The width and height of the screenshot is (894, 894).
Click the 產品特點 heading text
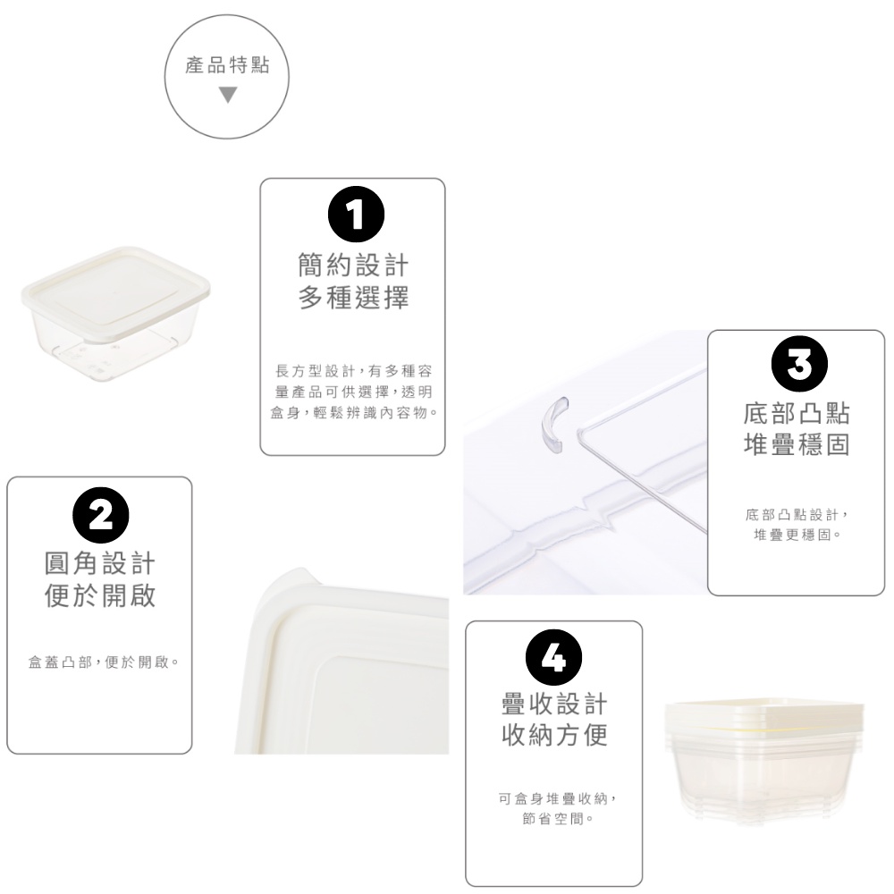point(227,65)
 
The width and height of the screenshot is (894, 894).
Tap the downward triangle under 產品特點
point(227,95)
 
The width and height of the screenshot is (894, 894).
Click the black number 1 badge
point(356,215)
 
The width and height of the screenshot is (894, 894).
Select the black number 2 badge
point(101,516)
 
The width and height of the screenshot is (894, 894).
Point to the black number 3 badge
point(799,364)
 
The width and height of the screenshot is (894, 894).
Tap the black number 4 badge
point(553,657)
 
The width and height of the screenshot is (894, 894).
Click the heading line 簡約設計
point(353,266)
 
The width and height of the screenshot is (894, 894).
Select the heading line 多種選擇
point(353,298)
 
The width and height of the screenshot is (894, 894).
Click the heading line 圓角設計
point(100,563)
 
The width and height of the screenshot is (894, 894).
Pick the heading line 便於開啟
point(100,595)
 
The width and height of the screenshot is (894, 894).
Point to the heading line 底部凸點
point(797,413)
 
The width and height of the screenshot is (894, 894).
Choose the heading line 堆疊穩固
point(797,444)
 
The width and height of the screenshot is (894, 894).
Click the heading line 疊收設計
point(554,704)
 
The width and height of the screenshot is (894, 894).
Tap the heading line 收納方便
point(554,735)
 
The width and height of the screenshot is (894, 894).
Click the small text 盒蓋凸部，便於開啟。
point(104,662)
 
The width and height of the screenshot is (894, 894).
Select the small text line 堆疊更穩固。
point(797,535)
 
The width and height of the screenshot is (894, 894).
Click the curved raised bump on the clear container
point(555,424)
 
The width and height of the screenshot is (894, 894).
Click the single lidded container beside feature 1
point(115,311)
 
